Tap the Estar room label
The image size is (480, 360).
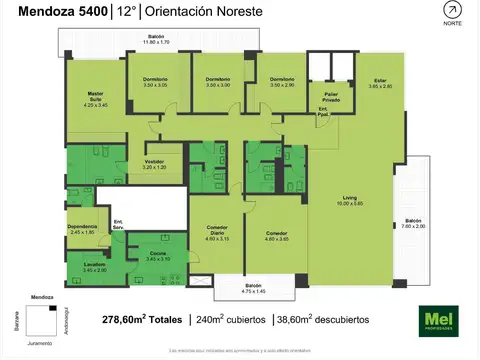[x=379, y=83]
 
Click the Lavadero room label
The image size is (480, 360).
[x=95, y=267]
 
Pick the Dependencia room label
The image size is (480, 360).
[x=83, y=228]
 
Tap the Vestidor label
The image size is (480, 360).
[x=154, y=162]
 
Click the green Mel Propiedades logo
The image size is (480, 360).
[x=437, y=320]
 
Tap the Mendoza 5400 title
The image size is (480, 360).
[x=57, y=11]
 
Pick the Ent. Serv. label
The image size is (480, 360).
[x=118, y=223]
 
